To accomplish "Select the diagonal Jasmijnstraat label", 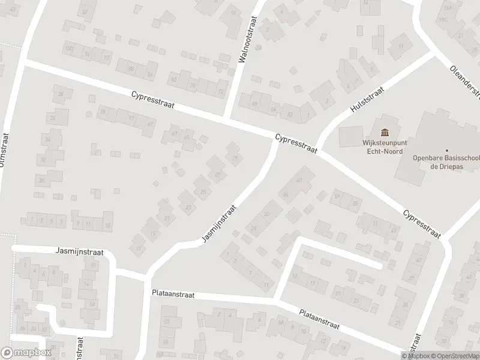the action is coord(219,223).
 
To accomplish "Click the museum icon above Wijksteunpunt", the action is coord(383,133).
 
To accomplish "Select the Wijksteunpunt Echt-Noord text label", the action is coord(383,148).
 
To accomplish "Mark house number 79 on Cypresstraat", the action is coord(103,112).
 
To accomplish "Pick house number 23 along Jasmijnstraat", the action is coord(188,208).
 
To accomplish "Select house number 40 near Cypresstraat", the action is coord(298,172).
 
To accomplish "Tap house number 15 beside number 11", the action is coord(107,225).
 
